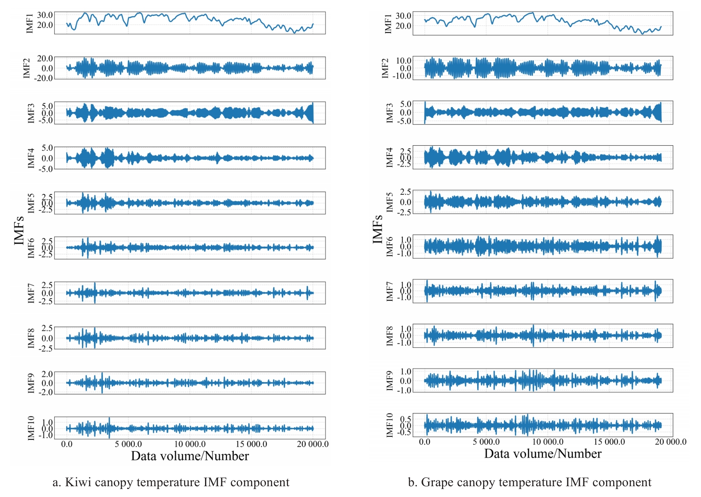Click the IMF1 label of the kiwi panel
[30, 23]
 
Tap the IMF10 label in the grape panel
[390, 425]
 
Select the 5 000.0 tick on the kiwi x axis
[128, 444]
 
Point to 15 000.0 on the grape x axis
[609, 442]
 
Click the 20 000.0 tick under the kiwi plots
[312, 444]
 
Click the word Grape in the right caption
[437, 483]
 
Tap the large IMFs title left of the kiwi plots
[19, 230]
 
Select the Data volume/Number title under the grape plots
[543, 454]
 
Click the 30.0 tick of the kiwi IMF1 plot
[45, 15]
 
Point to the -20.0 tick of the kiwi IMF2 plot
[43, 78]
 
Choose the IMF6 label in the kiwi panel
[31, 248]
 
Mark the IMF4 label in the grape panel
[390, 157]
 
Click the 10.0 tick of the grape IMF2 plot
[403, 61]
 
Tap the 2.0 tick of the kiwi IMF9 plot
[47, 374]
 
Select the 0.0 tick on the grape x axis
[425, 442]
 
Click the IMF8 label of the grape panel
[390, 336]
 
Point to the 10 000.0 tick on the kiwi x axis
[190, 444]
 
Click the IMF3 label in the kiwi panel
[31, 113]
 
